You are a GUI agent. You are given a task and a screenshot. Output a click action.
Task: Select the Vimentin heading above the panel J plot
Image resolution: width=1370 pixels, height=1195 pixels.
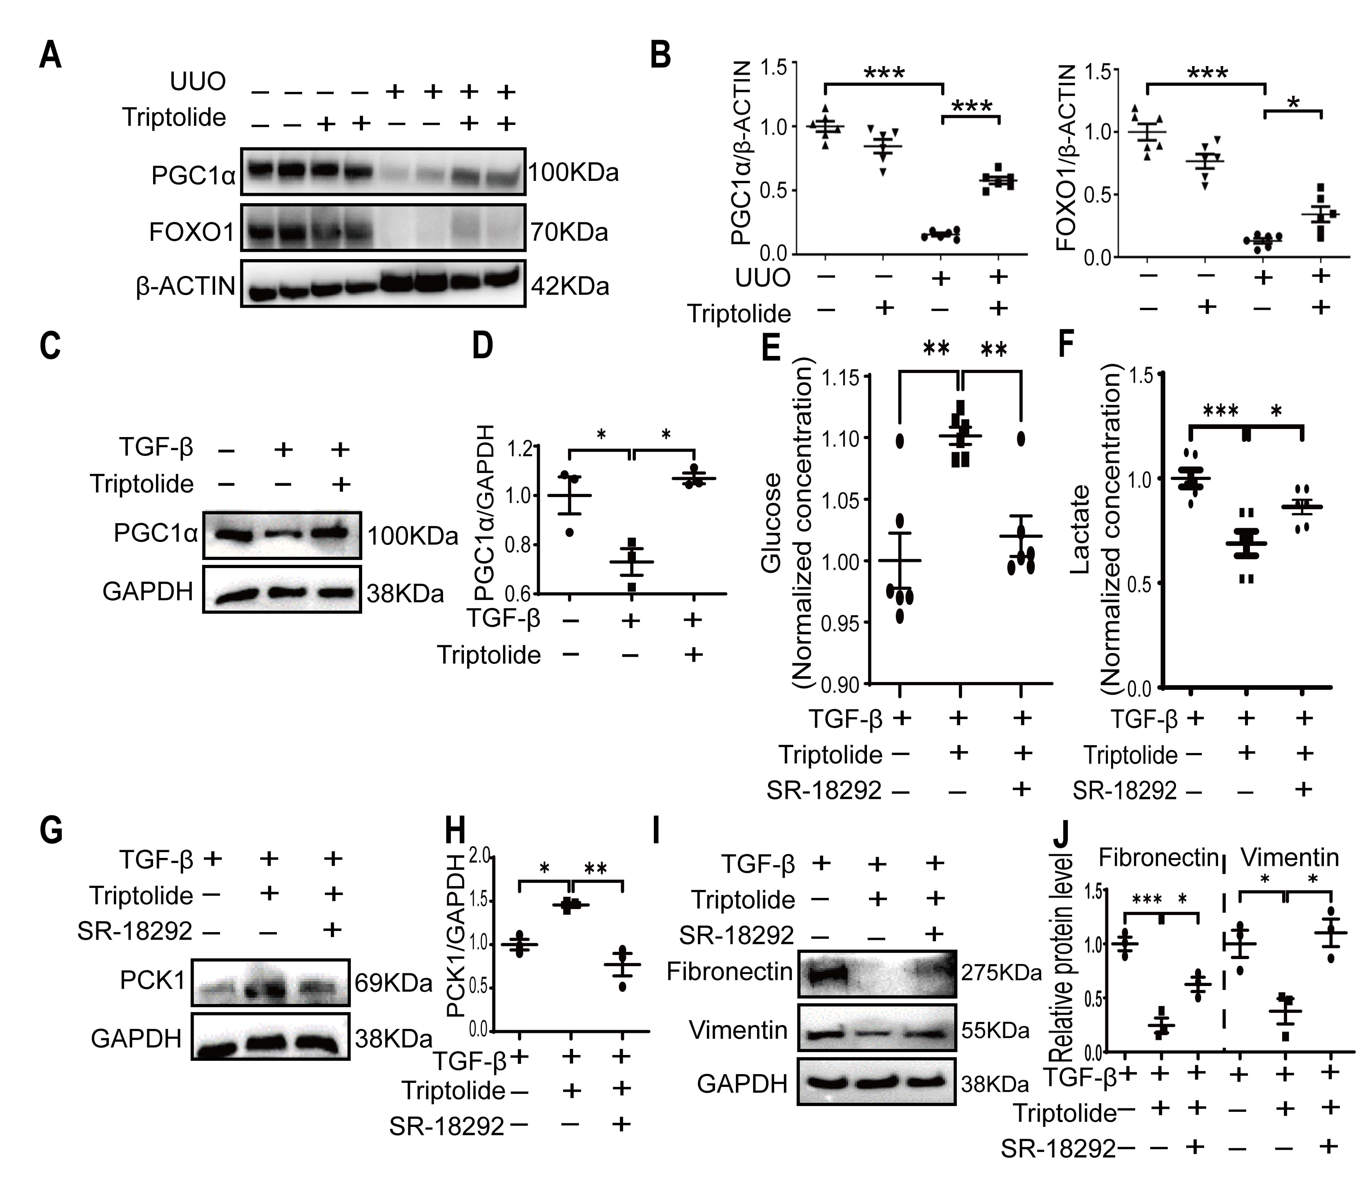1289,857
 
